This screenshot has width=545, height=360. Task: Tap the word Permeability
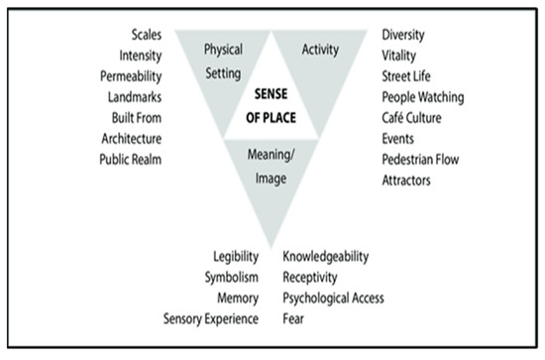click(129, 76)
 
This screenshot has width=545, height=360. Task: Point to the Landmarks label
click(132, 96)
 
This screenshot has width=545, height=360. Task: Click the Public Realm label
click(129, 158)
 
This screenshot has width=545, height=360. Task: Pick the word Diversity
click(405, 35)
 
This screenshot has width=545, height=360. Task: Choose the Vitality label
click(399, 56)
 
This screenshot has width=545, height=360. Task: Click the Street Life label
click(408, 76)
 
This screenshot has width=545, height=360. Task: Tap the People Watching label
click(423, 97)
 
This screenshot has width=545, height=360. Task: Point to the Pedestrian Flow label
click(420, 159)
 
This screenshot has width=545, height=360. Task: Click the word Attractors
click(406, 180)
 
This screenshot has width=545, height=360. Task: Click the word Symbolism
click(232, 278)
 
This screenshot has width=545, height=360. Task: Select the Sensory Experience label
click(211, 318)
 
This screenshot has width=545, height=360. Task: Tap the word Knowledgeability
click(326, 257)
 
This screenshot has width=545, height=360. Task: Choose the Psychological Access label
click(333, 298)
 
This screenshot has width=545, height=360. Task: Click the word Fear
click(294, 318)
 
